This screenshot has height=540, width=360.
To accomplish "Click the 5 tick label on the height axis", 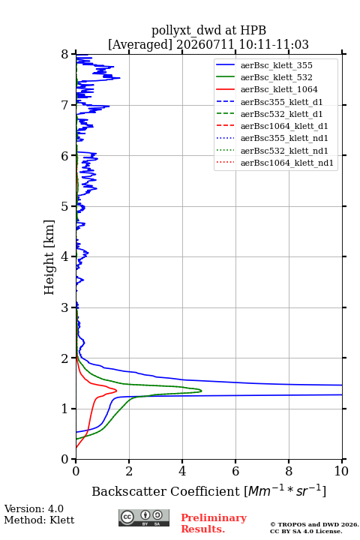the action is (x=65, y=206).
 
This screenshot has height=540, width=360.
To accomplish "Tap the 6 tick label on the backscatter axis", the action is (x=235, y=471).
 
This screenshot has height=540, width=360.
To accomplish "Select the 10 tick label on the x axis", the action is (x=341, y=471).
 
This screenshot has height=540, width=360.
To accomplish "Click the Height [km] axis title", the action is (x=49, y=257).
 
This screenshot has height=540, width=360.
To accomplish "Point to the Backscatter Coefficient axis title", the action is (x=208, y=490).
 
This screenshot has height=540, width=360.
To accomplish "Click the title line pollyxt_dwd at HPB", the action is (x=208, y=30).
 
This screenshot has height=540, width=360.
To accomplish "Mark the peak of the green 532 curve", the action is (x=202, y=391).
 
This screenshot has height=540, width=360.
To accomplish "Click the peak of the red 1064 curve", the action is (x=116, y=391).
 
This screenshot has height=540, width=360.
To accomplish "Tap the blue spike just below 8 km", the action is (x=120, y=78).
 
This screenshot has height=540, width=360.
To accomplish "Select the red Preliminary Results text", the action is (x=214, y=523).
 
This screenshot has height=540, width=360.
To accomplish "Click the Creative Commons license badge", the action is (x=144, y=517).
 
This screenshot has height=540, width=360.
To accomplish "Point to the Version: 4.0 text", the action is (x=34, y=508).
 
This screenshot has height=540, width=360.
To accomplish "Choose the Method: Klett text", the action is (x=39, y=520).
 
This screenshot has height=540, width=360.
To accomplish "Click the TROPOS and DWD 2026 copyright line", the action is (x=314, y=524).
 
